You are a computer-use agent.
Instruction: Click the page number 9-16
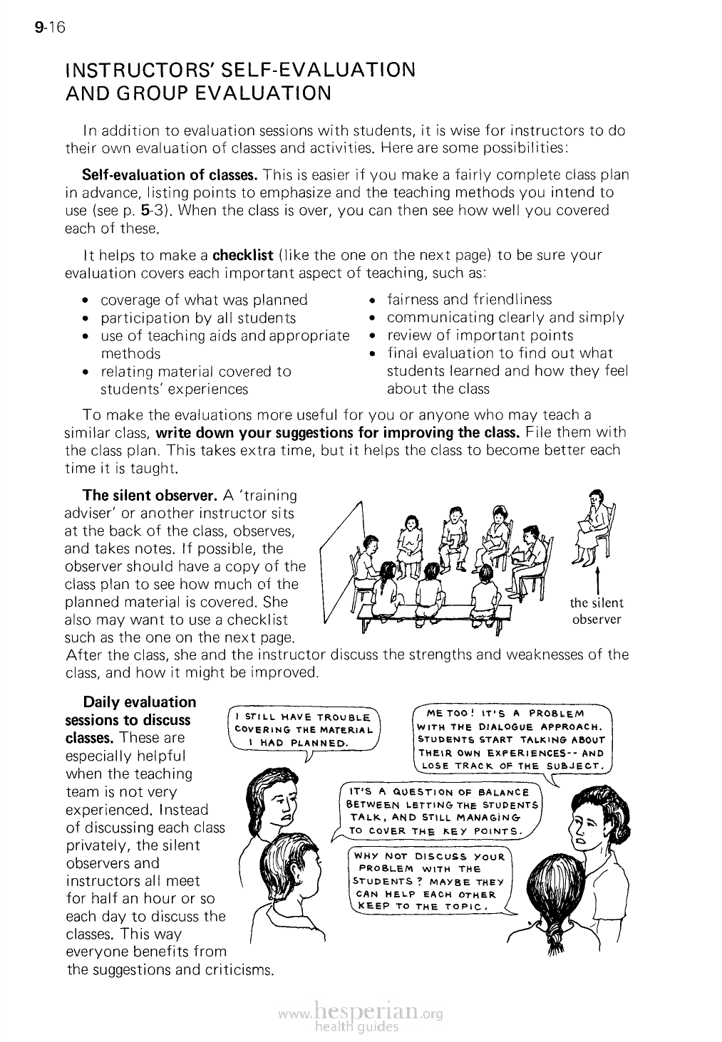(x=49, y=28)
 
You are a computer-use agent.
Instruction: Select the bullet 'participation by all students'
(x=198, y=318)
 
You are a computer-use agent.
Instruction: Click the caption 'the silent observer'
(x=597, y=611)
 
